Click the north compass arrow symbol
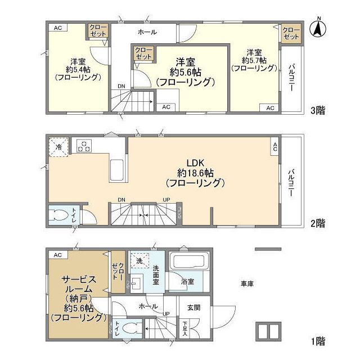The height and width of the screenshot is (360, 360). (x=318, y=28)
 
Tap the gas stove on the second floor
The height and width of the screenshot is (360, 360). (x=84, y=146)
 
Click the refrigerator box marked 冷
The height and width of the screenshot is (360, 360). (x=59, y=146)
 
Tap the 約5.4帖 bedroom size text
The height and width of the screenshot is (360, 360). (x=78, y=70)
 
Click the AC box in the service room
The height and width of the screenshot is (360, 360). (x=57, y=255)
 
